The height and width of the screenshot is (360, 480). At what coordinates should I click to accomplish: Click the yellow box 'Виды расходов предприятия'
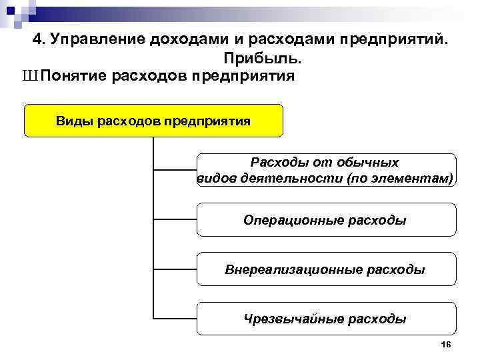[x=153, y=121]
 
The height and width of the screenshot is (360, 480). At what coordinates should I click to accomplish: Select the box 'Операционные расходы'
[x=326, y=220]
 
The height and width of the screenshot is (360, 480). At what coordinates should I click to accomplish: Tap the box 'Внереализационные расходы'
[x=326, y=269]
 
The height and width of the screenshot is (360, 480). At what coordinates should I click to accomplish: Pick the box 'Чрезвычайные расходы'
[x=326, y=319]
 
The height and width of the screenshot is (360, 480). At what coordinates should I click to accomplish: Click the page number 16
[x=446, y=344]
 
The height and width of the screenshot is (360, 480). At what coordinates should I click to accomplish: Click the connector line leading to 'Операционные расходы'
[x=175, y=219]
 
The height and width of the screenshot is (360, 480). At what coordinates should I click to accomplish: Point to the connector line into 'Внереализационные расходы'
[x=175, y=269]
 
